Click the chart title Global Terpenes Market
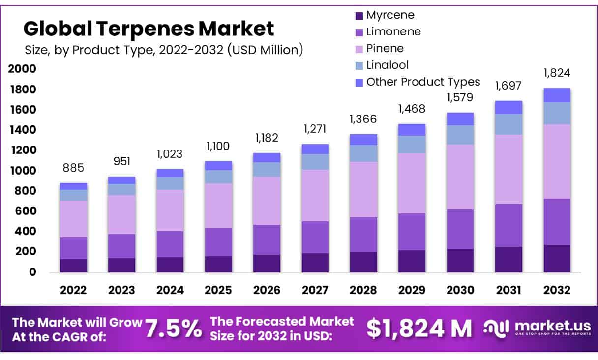pos(149,29)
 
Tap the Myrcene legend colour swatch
pos(359,16)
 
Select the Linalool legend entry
pos(388,65)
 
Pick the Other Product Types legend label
pos(423,82)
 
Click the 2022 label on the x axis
pos(73,290)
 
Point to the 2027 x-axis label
pos(315,290)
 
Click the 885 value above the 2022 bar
pos(74,168)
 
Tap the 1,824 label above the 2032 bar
pos(557,73)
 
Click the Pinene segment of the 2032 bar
pos(557,161)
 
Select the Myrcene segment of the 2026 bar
pos(267,263)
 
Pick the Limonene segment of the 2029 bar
pos(412,232)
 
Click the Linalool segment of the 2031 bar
pos(508,124)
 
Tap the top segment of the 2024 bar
pos(170,173)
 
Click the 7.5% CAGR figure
pos(174,329)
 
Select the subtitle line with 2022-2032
pos(163,50)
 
